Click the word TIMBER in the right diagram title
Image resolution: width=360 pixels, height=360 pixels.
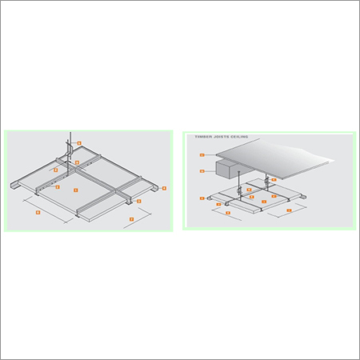click(x=201, y=137)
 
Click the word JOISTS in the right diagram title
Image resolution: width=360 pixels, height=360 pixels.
click(x=221, y=137)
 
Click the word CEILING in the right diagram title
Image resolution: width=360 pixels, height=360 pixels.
click(x=239, y=137)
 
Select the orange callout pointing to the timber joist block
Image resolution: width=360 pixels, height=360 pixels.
click(x=202, y=171)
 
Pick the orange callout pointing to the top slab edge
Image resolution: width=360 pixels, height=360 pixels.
click(x=202, y=155)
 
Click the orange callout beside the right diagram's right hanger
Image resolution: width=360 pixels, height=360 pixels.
click(x=274, y=179)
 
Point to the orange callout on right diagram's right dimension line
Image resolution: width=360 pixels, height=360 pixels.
click(x=289, y=210)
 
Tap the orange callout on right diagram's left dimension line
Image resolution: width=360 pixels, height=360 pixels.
click(x=228, y=213)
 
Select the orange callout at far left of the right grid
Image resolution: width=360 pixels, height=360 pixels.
click(x=201, y=198)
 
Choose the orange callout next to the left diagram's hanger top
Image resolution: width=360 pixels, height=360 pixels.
click(x=79, y=143)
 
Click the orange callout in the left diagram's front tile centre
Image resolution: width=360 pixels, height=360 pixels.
click(x=75, y=190)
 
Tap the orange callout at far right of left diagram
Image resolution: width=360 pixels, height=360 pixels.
click(x=164, y=188)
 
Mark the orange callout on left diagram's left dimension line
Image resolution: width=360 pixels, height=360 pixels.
click(x=38, y=212)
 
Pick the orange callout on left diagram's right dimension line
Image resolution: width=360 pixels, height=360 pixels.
click(x=131, y=218)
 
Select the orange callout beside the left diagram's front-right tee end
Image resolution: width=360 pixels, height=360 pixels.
click(x=138, y=201)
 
